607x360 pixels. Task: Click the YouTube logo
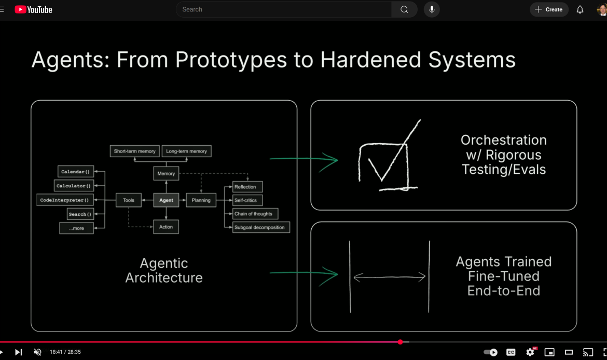coord(34,9)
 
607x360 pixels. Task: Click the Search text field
coord(284,9)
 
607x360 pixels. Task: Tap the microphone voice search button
coord(432,9)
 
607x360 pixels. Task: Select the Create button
coord(549,9)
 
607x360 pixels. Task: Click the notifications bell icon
coord(580,9)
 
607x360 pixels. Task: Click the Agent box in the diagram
coord(166,200)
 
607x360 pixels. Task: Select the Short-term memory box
coord(134,151)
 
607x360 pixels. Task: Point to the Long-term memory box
coord(186,151)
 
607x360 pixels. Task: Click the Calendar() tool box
coord(75,172)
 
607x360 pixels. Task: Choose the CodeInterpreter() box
coord(65,200)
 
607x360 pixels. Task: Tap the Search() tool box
coord(80,214)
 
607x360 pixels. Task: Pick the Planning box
coord(201,200)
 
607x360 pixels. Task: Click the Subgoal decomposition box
coord(259,227)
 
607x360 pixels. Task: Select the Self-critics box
coord(245,200)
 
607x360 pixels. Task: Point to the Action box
coord(166,227)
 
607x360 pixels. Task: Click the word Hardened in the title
coord(371,60)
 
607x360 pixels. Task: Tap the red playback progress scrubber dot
coord(401,342)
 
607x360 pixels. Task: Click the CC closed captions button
coord(511,352)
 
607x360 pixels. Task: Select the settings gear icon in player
coord(530,352)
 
